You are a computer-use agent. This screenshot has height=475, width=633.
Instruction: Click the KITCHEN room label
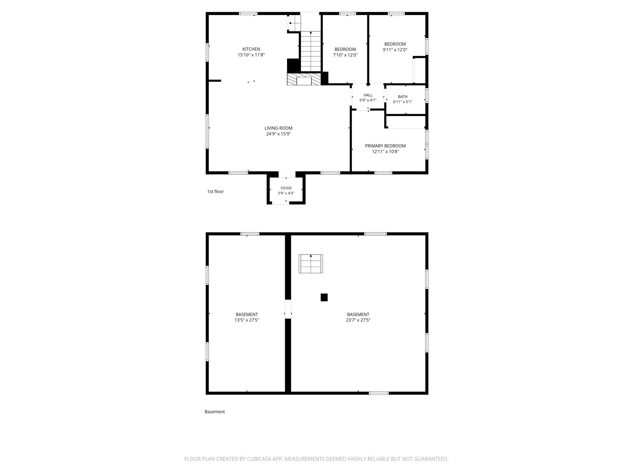point(251,49)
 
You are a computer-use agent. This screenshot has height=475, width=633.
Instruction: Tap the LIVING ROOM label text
point(278,128)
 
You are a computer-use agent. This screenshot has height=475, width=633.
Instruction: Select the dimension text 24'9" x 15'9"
point(278,134)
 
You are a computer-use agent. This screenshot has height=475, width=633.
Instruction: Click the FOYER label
point(286,188)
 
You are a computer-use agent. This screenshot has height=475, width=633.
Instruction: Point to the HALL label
point(368,95)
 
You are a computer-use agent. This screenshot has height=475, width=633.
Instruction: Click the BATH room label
point(403,97)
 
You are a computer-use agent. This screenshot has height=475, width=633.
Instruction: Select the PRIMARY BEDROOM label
point(385,146)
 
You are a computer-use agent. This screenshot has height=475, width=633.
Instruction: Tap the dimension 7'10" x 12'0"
point(345,55)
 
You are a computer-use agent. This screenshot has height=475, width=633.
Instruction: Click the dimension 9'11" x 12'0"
point(395,50)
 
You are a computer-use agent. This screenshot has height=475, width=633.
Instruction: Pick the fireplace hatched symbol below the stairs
point(304,79)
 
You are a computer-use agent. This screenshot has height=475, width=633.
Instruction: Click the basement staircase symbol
point(311,264)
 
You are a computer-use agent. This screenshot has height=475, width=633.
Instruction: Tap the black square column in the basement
point(324,297)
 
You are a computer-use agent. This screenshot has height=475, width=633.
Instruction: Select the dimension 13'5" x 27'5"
point(247,320)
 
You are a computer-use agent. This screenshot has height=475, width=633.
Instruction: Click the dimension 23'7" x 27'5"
point(358,320)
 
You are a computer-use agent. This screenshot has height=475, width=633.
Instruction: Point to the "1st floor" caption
point(215,192)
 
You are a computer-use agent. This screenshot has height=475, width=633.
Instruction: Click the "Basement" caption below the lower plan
point(215,412)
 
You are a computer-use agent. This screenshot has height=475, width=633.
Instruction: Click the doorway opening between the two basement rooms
point(288,309)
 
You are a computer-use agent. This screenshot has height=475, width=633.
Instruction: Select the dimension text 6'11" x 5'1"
point(403,102)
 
